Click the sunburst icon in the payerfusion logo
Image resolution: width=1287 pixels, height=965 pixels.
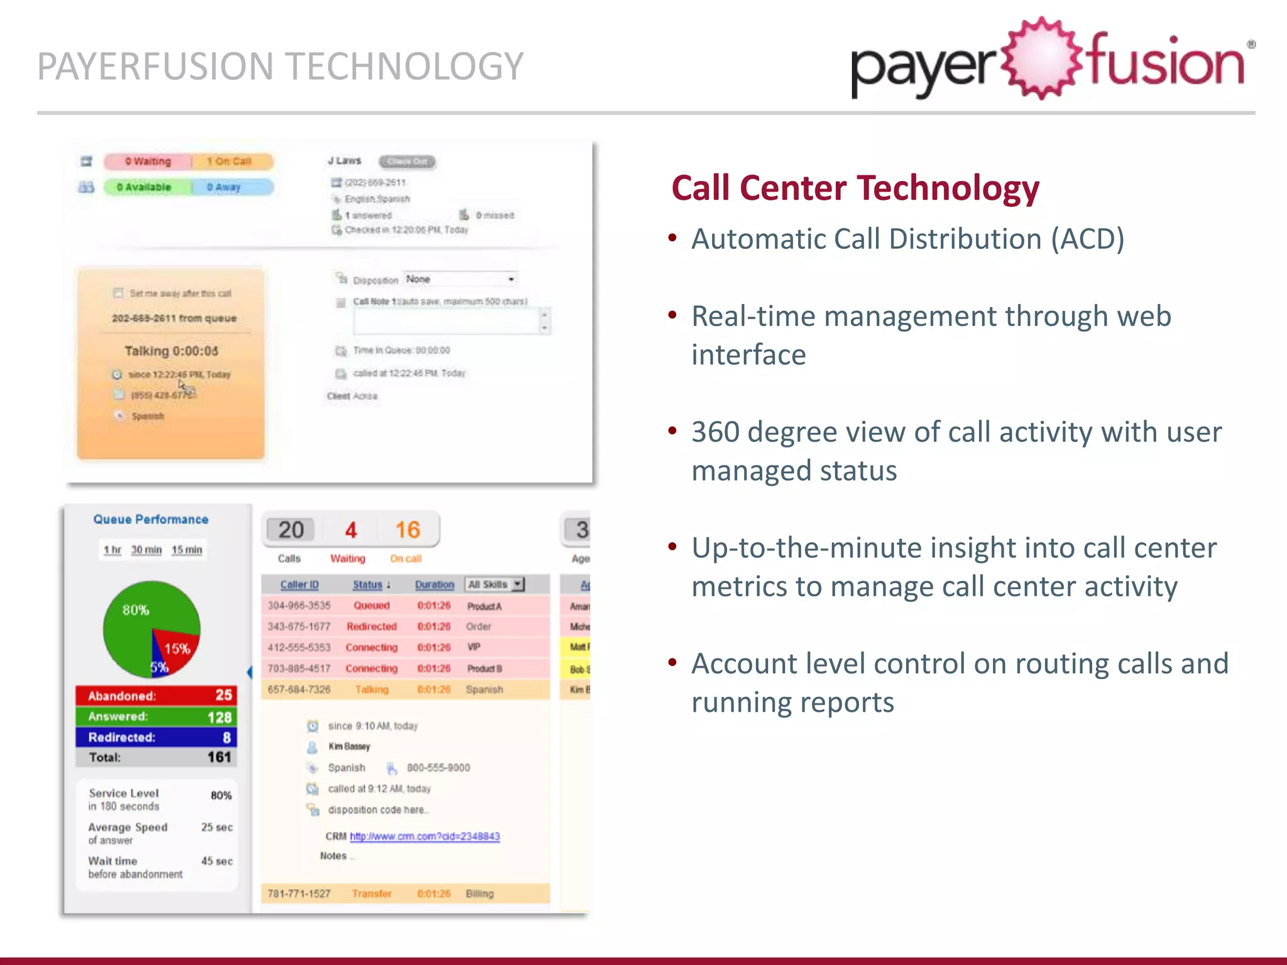pos(1042,58)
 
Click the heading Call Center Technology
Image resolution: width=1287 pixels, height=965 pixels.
pos(855,188)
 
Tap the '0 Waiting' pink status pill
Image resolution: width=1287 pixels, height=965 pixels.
pos(148,161)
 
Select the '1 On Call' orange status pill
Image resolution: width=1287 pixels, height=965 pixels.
pos(230,161)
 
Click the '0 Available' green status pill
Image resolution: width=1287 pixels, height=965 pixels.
pos(145,187)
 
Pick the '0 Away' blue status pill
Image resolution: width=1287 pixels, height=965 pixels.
pos(225,187)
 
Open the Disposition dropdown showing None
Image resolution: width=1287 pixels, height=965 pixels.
pos(461,279)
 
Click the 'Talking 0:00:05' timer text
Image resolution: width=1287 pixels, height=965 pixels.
pos(171,351)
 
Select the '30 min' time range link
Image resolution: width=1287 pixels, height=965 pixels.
pos(146,550)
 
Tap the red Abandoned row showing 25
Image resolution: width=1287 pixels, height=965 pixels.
pos(156,695)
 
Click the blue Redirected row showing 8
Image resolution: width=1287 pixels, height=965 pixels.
pos(156,737)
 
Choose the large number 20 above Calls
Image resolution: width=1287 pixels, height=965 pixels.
pos(291,530)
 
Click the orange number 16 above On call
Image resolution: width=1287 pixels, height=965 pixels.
pos(407,530)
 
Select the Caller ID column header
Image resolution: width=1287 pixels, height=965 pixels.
pos(299,584)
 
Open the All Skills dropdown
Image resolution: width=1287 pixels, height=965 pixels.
pos(495,584)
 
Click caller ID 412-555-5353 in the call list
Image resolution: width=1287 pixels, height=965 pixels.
pos(299,647)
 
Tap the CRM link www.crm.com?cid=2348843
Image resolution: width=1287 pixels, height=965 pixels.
pos(425,836)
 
